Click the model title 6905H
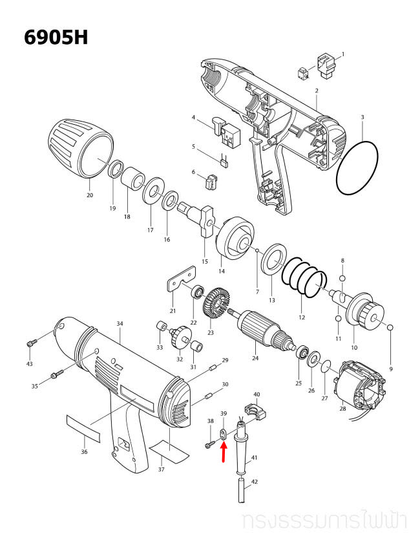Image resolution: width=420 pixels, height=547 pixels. [x=55, y=36]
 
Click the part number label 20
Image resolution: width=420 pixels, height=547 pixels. [x=89, y=195]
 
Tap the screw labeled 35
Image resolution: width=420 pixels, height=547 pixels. [x=56, y=373]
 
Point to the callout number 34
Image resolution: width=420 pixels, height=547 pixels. [x=120, y=323]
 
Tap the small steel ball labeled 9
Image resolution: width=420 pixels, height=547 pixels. [x=391, y=328]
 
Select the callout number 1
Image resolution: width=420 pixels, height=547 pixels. [x=342, y=54]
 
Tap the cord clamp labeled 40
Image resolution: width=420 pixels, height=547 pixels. [x=255, y=411]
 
